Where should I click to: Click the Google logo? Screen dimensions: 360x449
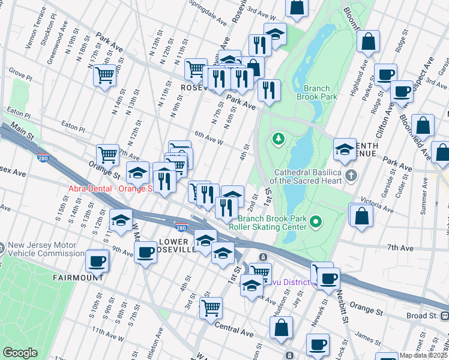coord(20,353)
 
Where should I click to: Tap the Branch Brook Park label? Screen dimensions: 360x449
coord(316,92)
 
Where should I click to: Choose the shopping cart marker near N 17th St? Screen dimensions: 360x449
coord(104,76)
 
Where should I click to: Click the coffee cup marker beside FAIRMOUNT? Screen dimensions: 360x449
coord(97,262)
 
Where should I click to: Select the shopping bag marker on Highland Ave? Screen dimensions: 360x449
coord(368,42)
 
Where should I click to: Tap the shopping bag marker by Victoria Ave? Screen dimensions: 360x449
coord(362,217)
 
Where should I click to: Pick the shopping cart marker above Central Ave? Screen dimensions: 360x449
coord(210,308)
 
